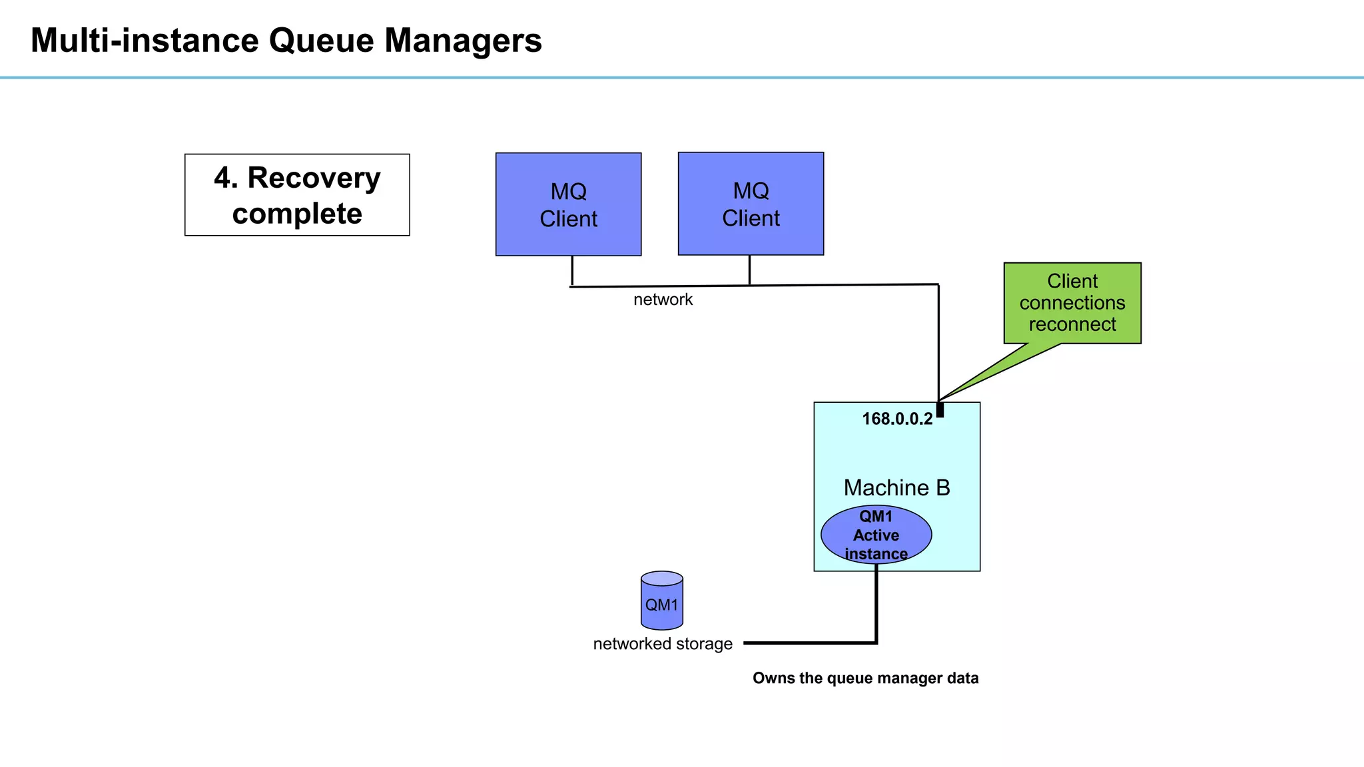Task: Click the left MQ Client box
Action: (568, 204)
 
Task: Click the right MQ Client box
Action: (751, 204)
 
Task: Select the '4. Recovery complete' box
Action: (297, 195)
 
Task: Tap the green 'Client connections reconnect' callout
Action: (1072, 303)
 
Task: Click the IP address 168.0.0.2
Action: (896, 419)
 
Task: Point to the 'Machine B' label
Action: (896, 487)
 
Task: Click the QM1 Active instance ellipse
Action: (876, 535)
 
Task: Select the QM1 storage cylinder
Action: (661, 601)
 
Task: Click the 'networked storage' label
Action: (662, 644)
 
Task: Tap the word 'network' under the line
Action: (663, 300)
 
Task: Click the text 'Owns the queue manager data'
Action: (865, 678)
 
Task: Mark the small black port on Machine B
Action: (940, 409)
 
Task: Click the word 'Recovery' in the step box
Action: (314, 178)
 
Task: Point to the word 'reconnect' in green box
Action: (1072, 324)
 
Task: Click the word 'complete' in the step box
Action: (297, 214)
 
